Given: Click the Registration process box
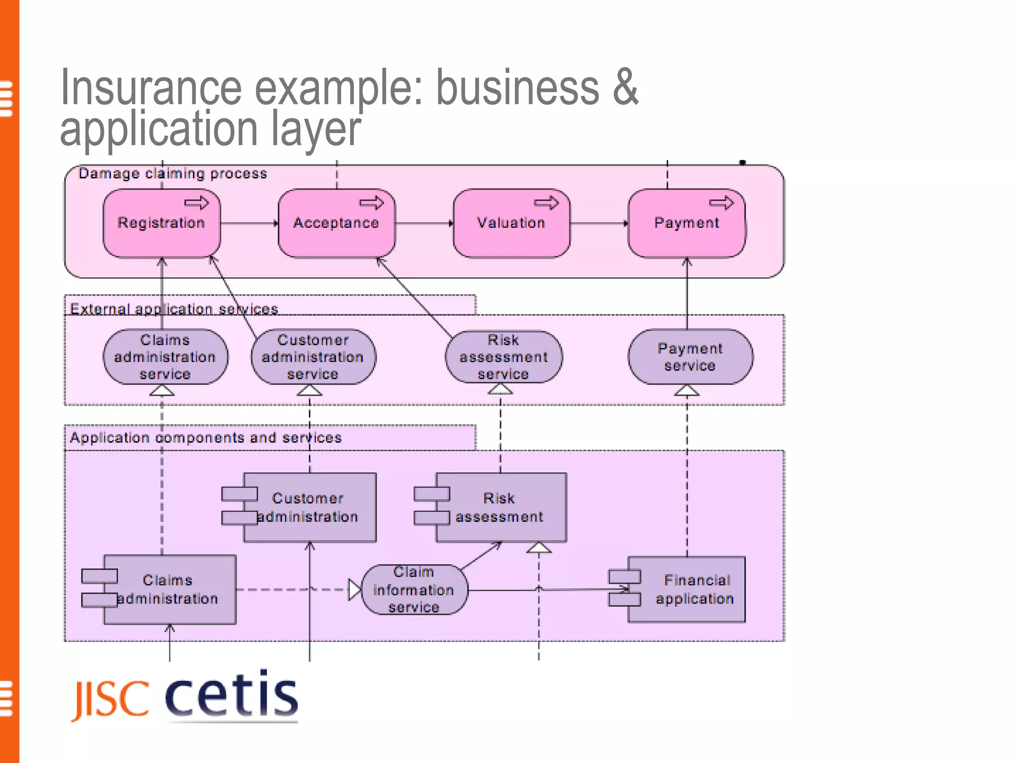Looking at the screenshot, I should (x=162, y=224).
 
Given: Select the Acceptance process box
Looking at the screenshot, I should (x=337, y=224).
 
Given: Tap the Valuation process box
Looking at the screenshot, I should (x=511, y=224).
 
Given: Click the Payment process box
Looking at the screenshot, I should (x=686, y=224).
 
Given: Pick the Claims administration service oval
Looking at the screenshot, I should (x=165, y=357).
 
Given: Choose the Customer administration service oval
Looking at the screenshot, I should (x=313, y=357).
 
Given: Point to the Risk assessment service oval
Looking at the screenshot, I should (x=504, y=357).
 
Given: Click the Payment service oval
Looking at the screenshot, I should (x=690, y=357).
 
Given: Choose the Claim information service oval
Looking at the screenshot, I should (x=414, y=590).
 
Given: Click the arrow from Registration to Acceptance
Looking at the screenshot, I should (x=249, y=224).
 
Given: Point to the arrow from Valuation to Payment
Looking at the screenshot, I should (x=599, y=224).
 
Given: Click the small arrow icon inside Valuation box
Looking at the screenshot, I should (x=546, y=203).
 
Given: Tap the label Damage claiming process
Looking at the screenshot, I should (x=172, y=173).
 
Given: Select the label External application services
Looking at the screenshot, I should (x=173, y=309).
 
